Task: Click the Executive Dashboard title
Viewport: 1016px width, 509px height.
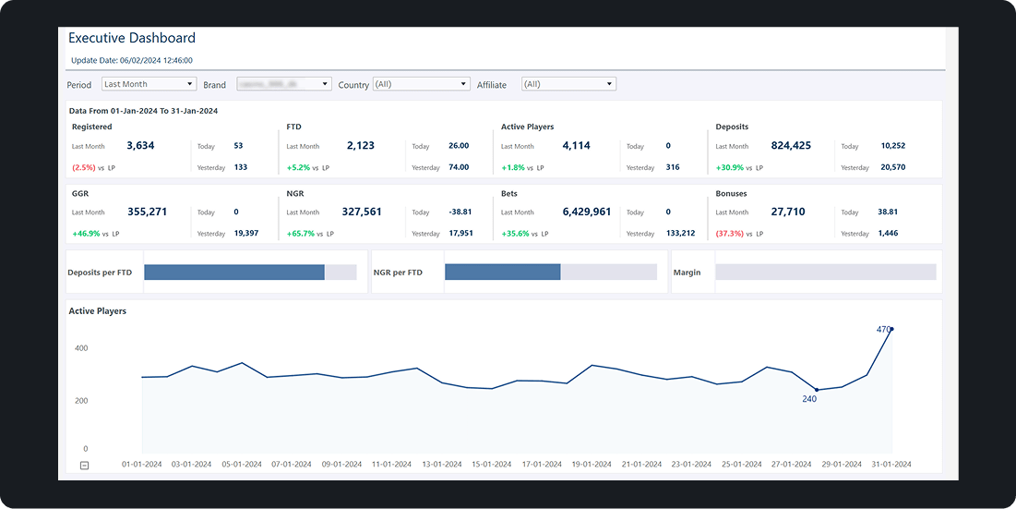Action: click(132, 38)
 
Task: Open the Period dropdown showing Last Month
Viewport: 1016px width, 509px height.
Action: click(149, 84)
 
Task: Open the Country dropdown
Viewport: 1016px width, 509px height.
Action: click(422, 84)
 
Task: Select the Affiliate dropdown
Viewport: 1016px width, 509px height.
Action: click(568, 84)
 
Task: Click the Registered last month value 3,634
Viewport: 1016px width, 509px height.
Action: click(140, 146)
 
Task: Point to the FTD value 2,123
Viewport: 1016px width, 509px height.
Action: click(361, 146)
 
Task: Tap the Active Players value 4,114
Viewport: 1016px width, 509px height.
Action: click(576, 146)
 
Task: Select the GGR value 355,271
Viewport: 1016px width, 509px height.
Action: click(146, 212)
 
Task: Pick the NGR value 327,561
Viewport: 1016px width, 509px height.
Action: click(361, 212)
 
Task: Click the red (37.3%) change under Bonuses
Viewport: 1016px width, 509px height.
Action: click(729, 234)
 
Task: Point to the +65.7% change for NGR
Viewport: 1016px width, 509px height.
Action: click(301, 234)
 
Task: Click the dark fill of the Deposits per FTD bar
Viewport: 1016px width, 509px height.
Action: click(234, 273)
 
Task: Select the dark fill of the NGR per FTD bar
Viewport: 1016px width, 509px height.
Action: click(502, 273)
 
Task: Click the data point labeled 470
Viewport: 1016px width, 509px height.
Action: click(891, 329)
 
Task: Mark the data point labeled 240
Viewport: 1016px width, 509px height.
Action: click(816, 390)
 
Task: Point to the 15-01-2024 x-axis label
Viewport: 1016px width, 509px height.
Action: click(491, 465)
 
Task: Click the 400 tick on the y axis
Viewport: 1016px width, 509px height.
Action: click(81, 348)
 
